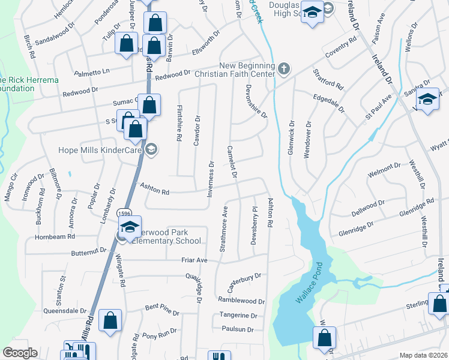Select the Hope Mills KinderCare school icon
coord(151,149)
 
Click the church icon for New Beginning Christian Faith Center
coord(285,70)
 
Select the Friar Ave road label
coord(194,260)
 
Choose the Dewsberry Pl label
coord(255,226)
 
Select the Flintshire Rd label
coord(178,123)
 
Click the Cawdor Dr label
coord(196,130)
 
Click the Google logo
coord(20,353)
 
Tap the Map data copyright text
coord(423,355)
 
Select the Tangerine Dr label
coord(238,315)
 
